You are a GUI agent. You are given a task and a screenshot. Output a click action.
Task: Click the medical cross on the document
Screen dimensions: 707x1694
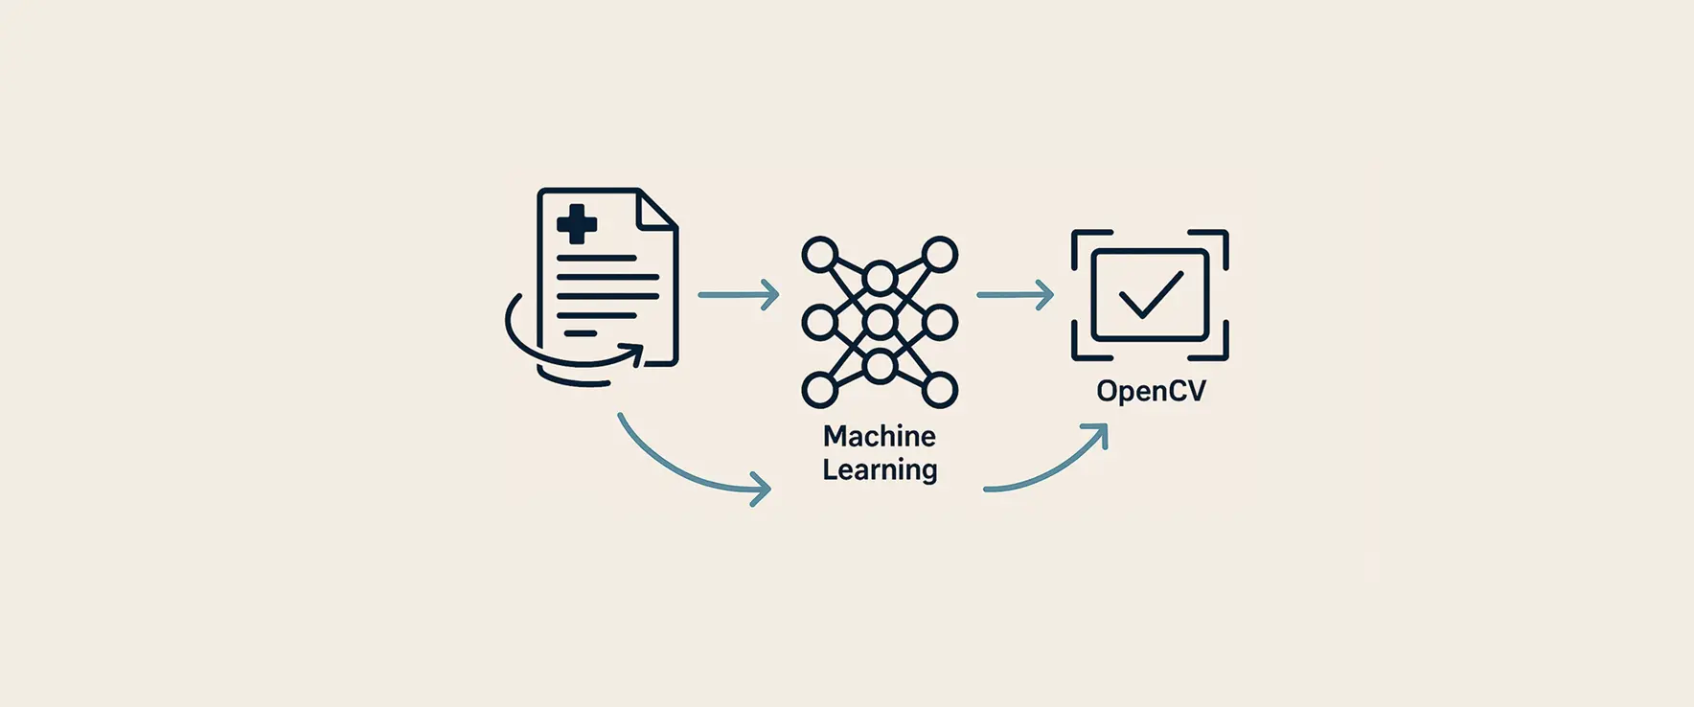coord(577,224)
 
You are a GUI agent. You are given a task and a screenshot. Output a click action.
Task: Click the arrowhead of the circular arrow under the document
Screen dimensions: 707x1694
coord(634,353)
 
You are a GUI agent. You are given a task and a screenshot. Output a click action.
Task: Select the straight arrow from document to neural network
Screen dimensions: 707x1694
coord(738,294)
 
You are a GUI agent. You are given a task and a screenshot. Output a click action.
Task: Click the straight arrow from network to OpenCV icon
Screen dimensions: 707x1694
coord(1015,294)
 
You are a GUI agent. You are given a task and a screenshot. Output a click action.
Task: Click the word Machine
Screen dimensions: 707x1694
coord(880,437)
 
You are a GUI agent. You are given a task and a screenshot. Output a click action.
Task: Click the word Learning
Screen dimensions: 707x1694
coord(880,470)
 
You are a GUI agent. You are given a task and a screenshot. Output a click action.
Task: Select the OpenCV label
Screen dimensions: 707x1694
coord(1151,391)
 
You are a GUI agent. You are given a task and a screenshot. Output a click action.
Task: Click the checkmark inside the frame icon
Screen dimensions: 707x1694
coord(1151,294)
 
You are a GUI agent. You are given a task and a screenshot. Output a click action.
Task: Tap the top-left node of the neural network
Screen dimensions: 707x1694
coord(819,255)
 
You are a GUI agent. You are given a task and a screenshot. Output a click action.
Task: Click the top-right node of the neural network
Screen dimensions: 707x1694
coord(940,255)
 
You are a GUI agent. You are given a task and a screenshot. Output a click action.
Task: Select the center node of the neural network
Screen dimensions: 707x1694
coord(880,323)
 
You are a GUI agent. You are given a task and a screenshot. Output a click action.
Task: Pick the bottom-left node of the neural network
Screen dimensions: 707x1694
coord(819,391)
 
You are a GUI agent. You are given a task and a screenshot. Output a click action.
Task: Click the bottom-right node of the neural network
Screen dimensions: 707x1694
coord(940,391)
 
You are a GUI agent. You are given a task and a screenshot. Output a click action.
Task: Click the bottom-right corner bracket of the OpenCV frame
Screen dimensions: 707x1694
coord(1217,350)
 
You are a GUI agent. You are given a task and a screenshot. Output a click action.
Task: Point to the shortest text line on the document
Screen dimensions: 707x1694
coord(580,333)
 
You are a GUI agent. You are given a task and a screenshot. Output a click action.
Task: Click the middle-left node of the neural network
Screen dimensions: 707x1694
coord(819,323)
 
